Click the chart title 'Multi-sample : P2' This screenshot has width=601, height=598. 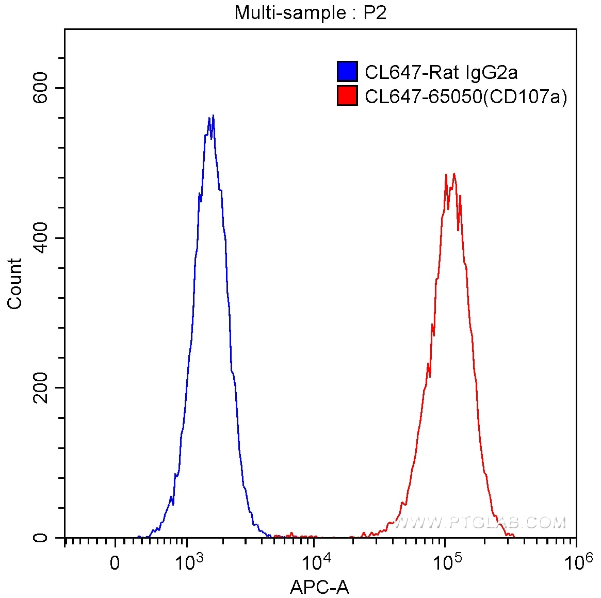point(311,12)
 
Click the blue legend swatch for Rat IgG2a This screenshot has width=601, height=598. point(347,72)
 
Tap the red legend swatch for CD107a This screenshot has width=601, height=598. point(347,96)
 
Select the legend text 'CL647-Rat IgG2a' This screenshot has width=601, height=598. point(441,72)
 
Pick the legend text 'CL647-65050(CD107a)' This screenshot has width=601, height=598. point(466,96)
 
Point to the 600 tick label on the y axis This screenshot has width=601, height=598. point(40,88)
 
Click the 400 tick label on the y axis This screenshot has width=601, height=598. point(40,238)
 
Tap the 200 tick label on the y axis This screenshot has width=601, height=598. point(40,388)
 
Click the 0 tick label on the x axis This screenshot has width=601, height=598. point(115,563)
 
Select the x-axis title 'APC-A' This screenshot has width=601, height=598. point(320,587)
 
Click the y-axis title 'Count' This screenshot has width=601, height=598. point(15,284)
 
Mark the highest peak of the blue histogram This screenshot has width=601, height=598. point(213,116)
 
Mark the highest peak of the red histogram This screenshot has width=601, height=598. point(454,173)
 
